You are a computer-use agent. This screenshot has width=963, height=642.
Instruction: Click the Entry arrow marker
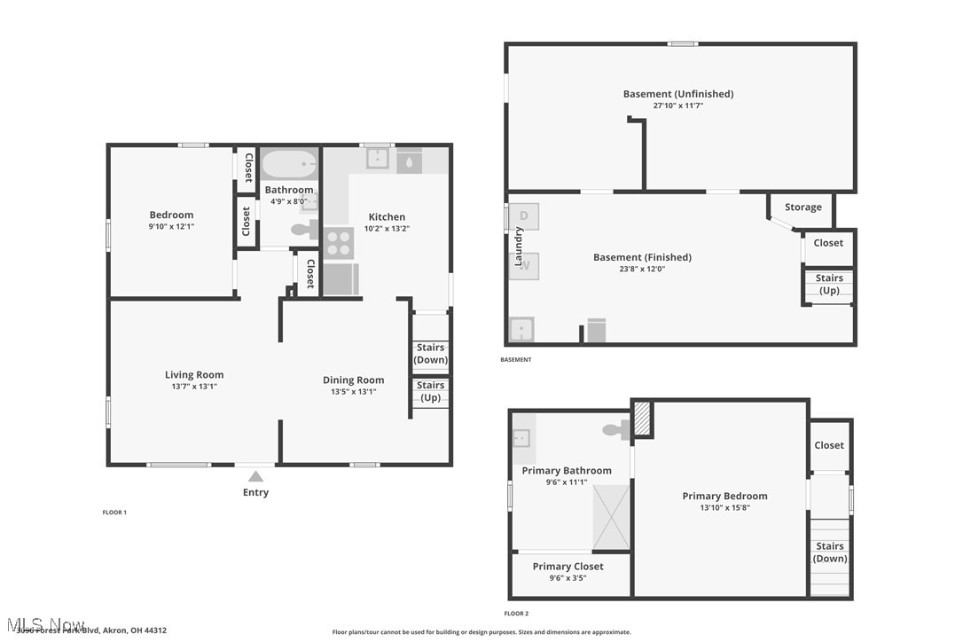[x=255, y=476]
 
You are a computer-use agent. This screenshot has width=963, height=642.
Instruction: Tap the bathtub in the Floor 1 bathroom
[x=289, y=165]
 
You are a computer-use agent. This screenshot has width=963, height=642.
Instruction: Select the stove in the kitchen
[x=339, y=243]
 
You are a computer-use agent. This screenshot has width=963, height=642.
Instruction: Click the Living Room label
[x=194, y=375]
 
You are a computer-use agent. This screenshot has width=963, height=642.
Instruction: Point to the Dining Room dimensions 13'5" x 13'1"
[x=353, y=391]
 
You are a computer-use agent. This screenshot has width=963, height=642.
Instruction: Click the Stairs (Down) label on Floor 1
[x=431, y=354]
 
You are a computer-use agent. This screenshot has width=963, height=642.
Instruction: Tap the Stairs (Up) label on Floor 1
[x=431, y=391]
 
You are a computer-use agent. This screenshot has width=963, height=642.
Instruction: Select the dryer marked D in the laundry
[x=524, y=216]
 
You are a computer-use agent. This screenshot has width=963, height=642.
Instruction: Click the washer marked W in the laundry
[x=524, y=265]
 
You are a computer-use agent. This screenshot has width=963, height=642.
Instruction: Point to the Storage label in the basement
[x=802, y=207]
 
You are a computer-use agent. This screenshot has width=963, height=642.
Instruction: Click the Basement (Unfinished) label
[x=678, y=94]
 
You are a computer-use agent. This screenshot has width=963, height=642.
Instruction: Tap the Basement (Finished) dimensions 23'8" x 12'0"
[x=642, y=269]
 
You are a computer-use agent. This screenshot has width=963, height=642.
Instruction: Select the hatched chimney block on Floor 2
[x=643, y=419]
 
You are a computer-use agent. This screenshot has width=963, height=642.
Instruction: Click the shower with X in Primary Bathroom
[x=611, y=516]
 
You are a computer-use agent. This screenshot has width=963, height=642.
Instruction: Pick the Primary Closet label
[x=568, y=567]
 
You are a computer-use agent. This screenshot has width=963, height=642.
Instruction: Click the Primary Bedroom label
[x=724, y=497]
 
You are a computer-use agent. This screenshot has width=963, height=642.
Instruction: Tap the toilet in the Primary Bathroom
[x=615, y=431]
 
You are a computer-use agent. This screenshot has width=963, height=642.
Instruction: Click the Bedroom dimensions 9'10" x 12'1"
[x=171, y=226]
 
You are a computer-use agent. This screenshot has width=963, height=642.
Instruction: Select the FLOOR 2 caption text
[x=516, y=614]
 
